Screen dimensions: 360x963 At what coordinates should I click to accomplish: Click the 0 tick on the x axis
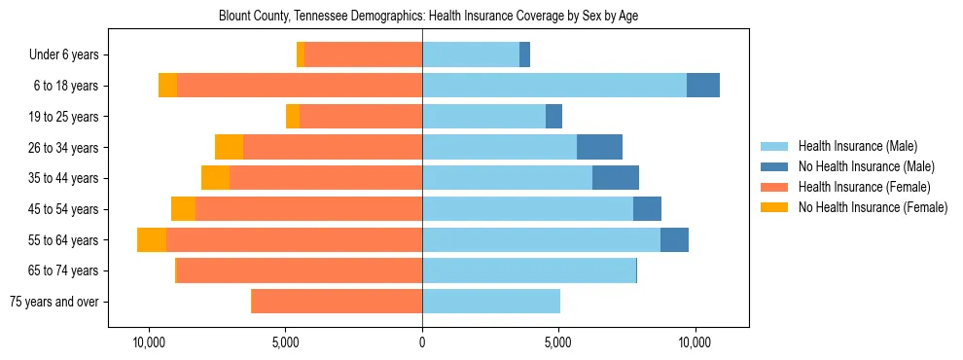point(422,343)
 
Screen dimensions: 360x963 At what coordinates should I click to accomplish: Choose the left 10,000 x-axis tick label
point(149,343)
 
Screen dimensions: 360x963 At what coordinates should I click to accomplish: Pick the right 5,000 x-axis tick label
point(558,343)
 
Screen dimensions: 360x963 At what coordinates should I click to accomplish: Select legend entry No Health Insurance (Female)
point(873,207)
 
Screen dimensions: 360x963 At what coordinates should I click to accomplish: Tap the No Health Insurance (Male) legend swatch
point(774,166)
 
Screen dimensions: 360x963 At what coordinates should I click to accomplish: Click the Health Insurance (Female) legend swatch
point(774,187)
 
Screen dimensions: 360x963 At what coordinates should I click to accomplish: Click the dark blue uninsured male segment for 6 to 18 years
point(703,86)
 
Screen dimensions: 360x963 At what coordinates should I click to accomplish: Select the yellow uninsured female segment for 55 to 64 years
point(152,240)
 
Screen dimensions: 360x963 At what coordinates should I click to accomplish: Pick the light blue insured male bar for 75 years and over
point(491,302)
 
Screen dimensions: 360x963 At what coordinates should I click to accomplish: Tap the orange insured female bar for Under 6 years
point(363,55)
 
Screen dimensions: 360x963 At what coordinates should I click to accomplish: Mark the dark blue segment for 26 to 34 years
point(599,147)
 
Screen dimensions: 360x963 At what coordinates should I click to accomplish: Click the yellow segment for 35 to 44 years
point(215,178)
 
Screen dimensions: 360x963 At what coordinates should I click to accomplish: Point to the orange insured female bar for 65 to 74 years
point(299,270)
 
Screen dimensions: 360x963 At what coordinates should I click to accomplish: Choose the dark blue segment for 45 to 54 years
point(647,209)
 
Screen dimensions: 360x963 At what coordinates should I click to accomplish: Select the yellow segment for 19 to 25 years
point(293,117)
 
